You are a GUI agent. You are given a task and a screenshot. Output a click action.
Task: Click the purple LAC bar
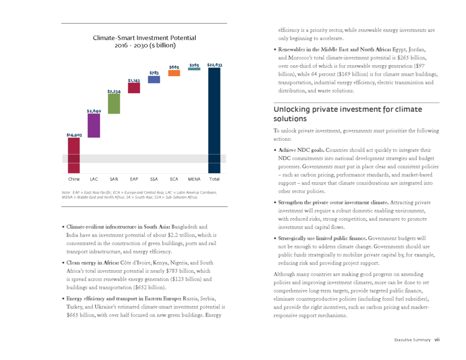tap(94, 125)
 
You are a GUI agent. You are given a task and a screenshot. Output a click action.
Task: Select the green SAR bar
tap(114, 104)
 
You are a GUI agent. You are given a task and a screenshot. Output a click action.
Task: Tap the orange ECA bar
tap(174, 73)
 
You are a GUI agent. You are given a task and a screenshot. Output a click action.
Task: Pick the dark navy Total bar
tap(214, 121)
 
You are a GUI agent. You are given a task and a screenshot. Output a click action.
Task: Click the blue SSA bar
tap(154, 79)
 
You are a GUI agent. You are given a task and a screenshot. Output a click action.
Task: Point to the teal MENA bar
tap(194, 69)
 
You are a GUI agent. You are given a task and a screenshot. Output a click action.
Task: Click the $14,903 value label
tap(74, 135)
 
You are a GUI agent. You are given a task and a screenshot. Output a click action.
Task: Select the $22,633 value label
tap(214, 65)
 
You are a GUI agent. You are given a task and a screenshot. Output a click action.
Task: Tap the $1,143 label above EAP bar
tap(134, 81)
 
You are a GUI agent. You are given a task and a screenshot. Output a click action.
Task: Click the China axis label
tap(73, 179)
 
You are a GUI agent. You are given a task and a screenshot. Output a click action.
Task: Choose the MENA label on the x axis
tap(195, 179)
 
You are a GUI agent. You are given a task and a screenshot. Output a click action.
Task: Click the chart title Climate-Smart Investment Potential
tap(144, 38)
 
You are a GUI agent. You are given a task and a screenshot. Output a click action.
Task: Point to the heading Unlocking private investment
tap(348, 114)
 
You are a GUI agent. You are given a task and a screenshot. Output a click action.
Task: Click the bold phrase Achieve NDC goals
tap(302, 150)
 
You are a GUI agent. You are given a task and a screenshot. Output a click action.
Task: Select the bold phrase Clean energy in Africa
tap(93, 262)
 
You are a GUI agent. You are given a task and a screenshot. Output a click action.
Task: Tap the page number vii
tap(437, 340)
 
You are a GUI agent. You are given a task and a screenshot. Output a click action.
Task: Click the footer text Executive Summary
tap(412, 340)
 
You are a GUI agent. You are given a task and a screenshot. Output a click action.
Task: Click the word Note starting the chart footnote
tap(66, 192)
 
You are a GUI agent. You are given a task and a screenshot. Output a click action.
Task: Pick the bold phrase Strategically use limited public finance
tap(322, 238)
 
